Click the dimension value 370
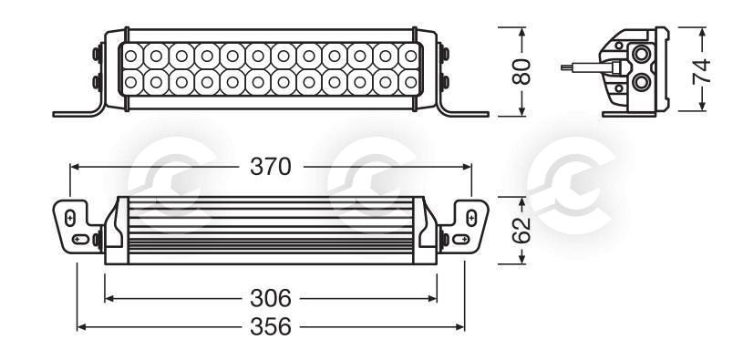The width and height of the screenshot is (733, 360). [x=270, y=167]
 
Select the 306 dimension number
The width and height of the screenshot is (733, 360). [x=270, y=298]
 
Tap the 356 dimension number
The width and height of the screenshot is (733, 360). [x=270, y=327]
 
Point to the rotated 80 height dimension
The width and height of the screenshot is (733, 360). [x=521, y=71]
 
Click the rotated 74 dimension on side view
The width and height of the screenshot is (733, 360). [x=702, y=71]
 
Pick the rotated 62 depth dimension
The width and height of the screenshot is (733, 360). [x=521, y=230]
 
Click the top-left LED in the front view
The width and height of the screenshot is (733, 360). [x=131, y=57]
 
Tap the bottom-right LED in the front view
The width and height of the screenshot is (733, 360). [x=410, y=82]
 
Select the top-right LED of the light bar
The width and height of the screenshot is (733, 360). [x=410, y=57]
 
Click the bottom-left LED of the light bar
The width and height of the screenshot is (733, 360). [x=131, y=82]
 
